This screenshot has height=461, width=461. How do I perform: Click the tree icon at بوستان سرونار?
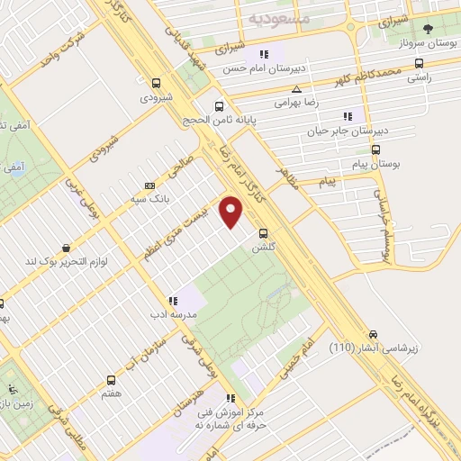429,30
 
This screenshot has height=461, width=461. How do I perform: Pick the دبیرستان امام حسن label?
267,68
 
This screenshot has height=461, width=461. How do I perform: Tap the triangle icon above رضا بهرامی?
297,89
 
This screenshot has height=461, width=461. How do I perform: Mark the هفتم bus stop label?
112,393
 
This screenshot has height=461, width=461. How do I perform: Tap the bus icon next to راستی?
419,64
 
